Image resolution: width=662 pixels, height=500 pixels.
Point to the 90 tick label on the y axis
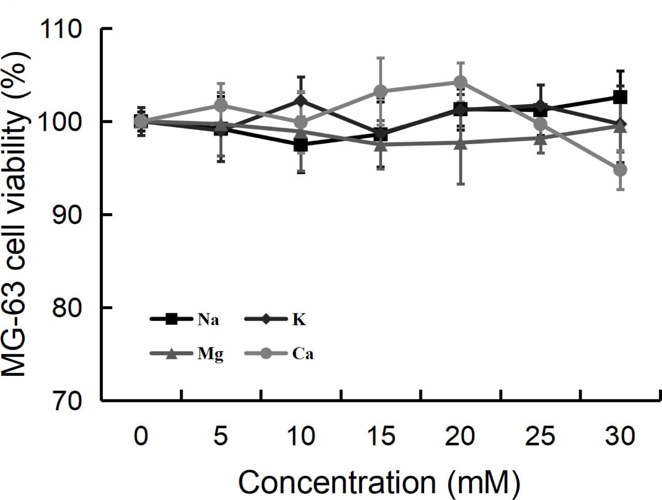[x=68, y=215]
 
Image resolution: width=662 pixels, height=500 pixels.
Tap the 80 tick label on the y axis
[x=68, y=308]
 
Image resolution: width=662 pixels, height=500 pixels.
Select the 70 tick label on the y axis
[x=68, y=401]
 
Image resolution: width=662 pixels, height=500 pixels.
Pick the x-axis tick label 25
[x=540, y=436]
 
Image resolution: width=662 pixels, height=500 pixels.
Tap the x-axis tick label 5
[x=220, y=436]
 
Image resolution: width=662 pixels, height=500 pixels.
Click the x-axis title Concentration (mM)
[x=379, y=482]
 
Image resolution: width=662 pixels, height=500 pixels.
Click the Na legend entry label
[x=208, y=320]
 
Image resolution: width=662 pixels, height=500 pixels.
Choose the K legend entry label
[x=299, y=320]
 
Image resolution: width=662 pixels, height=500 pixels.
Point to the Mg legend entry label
[x=210, y=355]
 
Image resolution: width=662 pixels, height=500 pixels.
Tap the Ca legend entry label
[x=303, y=355]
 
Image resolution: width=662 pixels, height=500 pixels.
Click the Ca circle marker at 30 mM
[x=620, y=170]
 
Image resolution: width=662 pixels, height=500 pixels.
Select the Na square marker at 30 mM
[x=620, y=97]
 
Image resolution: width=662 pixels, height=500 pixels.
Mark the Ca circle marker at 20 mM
[x=460, y=82]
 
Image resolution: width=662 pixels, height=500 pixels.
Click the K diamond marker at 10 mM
[x=300, y=101]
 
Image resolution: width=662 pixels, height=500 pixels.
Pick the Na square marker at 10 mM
[x=300, y=145]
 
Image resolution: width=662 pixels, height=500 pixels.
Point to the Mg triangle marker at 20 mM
[x=460, y=143]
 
